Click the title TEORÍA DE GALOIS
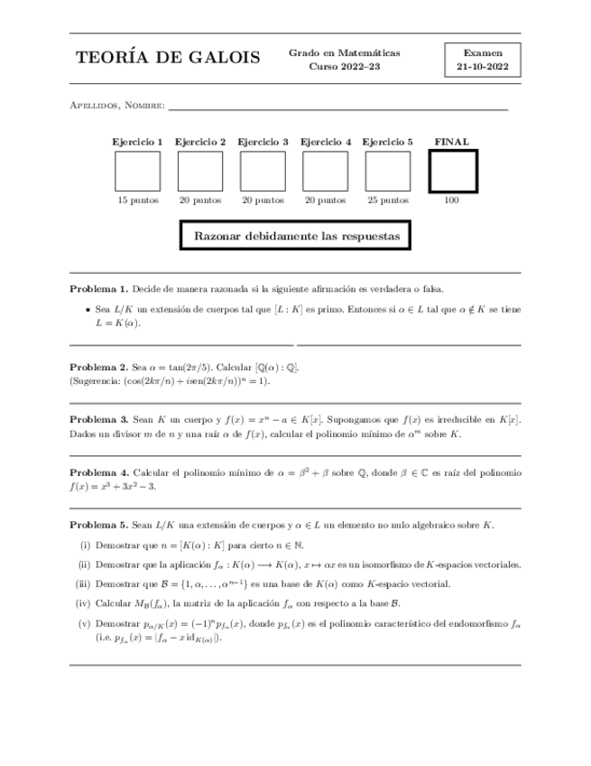tap(168, 59)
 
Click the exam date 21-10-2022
tap(482, 67)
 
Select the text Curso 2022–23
tap(344, 67)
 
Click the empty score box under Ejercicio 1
tap(137, 171)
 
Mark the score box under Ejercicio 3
tap(263, 171)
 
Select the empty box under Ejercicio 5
tap(387, 171)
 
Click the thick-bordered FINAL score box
tap(451, 171)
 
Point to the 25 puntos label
tap(387, 201)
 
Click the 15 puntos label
tap(137, 201)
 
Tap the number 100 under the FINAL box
tap(451, 201)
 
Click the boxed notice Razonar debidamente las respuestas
tap(296, 237)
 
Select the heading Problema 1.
tap(98, 289)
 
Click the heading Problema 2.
tap(98, 368)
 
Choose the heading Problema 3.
tap(98, 420)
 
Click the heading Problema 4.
tap(98, 472)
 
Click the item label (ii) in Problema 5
tap(85, 565)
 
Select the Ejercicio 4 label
tap(325, 142)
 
